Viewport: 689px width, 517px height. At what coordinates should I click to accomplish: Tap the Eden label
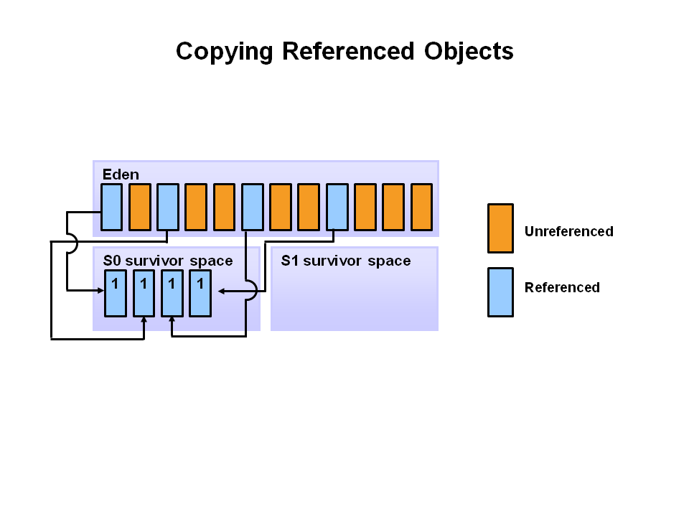click(x=121, y=174)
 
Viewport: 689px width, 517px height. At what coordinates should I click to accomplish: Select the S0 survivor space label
click(x=168, y=261)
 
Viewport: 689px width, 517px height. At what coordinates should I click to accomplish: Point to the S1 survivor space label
click(x=345, y=261)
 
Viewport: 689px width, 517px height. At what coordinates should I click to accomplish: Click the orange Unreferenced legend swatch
click(x=500, y=228)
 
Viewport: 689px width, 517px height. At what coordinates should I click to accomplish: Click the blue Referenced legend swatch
click(x=500, y=292)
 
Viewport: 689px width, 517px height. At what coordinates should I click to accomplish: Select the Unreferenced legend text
click(x=568, y=231)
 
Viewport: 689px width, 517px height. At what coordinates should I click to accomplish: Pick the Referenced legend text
click(x=561, y=288)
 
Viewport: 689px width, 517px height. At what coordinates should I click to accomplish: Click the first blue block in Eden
click(x=111, y=207)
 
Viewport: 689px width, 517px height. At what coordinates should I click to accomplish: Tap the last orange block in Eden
click(x=421, y=207)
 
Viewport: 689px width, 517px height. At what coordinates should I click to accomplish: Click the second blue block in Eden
click(x=167, y=207)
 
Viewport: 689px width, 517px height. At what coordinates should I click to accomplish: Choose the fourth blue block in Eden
click(x=337, y=207)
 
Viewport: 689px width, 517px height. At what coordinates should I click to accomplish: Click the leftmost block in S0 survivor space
click(x=115, y=293)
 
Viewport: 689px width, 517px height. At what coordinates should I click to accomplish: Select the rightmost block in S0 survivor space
click(x=200, y=293)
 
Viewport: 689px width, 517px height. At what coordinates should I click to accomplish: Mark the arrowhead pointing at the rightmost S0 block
click(x=221, y=291)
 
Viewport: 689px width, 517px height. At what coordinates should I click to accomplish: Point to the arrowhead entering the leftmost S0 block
click(x=101, y=290)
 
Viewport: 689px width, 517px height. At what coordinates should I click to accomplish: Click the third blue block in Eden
click(x=252, y=207)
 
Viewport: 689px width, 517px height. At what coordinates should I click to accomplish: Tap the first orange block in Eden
click(x=139, y=207)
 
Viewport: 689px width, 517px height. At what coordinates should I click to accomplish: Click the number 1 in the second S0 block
click(x=144, y=284)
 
